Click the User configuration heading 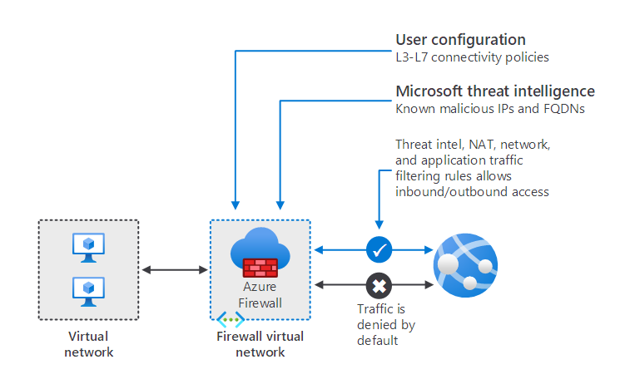tap(460, 40)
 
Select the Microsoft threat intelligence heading tap(494, 91)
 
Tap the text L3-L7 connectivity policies tap(472, 57)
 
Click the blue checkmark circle tap(379, 249)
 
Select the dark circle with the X tap(379, 285)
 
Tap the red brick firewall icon tap(260, 267)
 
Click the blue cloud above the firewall tap(260, 246)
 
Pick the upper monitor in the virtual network tap(88, 247)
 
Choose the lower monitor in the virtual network tap(88, 290)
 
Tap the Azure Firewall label tap(260, 294)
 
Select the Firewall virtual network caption tap(260, 344)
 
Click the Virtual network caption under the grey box tap(88, 344)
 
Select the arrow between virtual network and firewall tap(174, 269)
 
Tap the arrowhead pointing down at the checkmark tap(379, 224)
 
